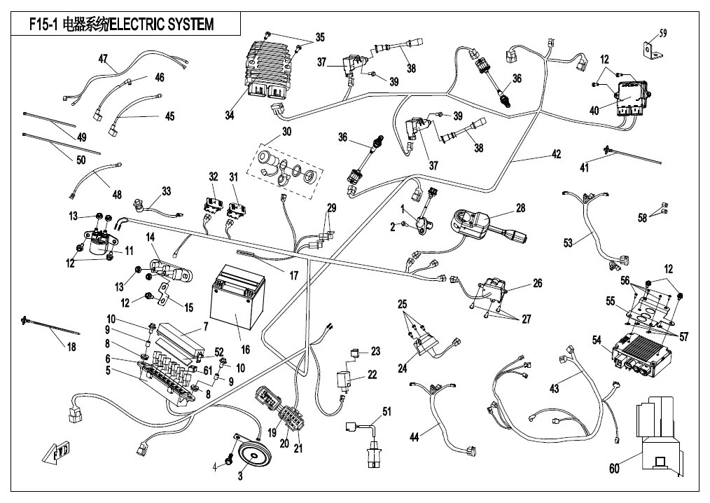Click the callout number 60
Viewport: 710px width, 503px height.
click(x=614, y=468)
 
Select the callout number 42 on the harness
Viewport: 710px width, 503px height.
click(x=556, y=154)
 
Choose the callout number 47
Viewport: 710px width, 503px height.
click(x=103, y=59)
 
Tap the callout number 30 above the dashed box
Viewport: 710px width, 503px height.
click(x=286, y=132)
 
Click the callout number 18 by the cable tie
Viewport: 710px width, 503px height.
click(x=71, y=347)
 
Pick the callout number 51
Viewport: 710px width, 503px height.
click(x=387, y=411)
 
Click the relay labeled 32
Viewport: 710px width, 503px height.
click(x=213, y=205)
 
